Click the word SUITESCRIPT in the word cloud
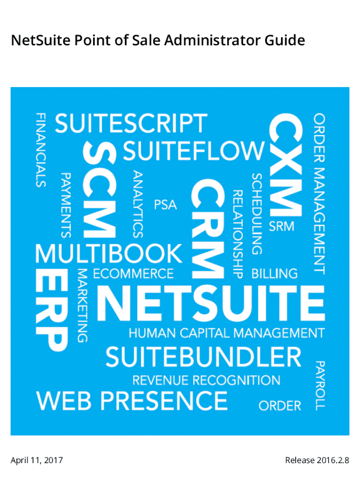(130, 124)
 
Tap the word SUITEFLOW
(194, 151)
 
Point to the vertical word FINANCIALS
(41, 150)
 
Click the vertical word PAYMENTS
(66, 204)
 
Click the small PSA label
(166, 205)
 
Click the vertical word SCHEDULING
(257, 214)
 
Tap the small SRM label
(281, 226)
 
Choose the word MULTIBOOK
(108, 254)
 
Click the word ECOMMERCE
(133, 273)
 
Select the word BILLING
(274, 273)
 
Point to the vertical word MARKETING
(83, 305)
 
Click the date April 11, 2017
(37, 461)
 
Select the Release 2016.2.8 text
(317, 461)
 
